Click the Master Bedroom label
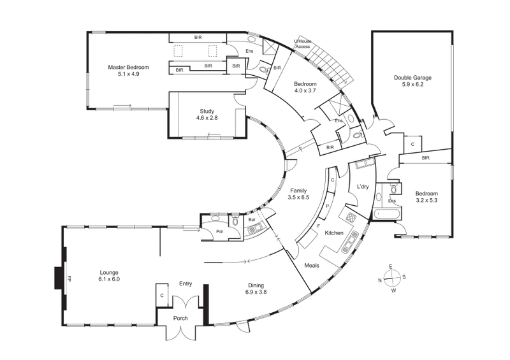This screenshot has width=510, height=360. click(128, 67)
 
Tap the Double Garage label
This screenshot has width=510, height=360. click(412, 77)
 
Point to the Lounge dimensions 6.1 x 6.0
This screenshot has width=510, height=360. click(109, 279)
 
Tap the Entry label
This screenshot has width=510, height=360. click(186, 284)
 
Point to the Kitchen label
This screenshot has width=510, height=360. click(334, 233)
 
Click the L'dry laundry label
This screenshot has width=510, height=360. click(363, 186)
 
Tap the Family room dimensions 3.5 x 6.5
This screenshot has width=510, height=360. click(299, 198)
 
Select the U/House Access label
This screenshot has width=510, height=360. click(302, 44)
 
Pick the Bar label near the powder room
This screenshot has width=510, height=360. click(252, 220)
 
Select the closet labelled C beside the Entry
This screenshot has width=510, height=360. click(162, 296)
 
